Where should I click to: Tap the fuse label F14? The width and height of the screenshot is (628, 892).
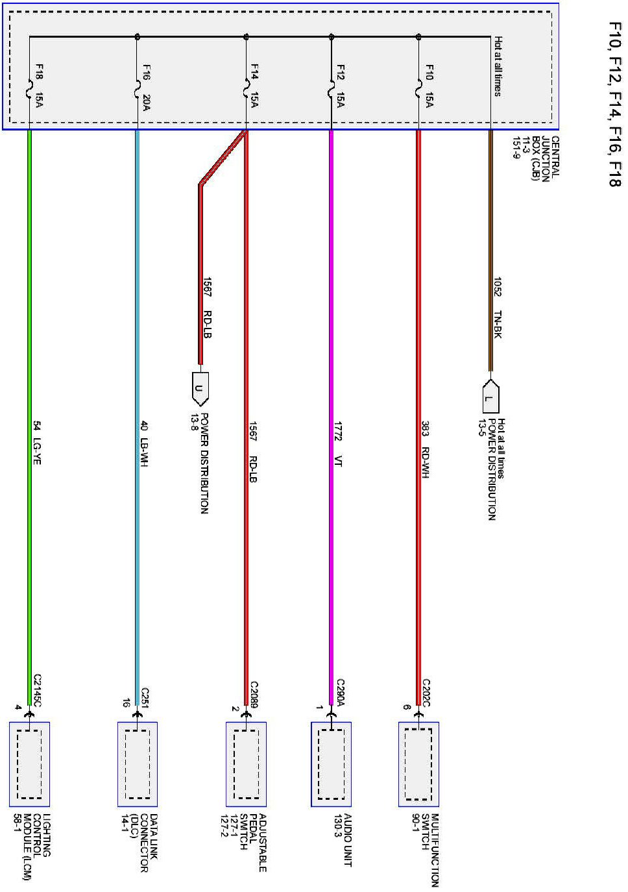tap(255, 71)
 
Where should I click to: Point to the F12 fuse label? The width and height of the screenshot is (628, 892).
tap(341, 71)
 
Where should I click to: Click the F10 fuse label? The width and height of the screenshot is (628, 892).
tap(428, 71)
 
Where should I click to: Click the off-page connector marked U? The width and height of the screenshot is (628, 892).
tap(199, 390)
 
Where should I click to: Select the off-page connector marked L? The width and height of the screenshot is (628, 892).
tap(490, 397)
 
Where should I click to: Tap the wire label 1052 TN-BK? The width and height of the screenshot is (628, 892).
tap(498, 307)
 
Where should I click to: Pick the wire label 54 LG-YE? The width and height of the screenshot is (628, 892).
tap(37, 443)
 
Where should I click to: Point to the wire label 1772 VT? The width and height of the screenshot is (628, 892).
tap(338, 443)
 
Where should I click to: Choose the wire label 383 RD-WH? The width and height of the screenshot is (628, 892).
tap(426, 450)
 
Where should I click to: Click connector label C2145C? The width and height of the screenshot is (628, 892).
tap(37, 689)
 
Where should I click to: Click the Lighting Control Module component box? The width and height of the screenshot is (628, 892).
tap(29, 764)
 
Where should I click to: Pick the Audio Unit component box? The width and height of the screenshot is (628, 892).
tap(331, 764)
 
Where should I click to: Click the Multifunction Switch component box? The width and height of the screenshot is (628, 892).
tap(418, 764)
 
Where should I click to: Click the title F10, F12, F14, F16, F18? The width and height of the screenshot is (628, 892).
tap(614, 105)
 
